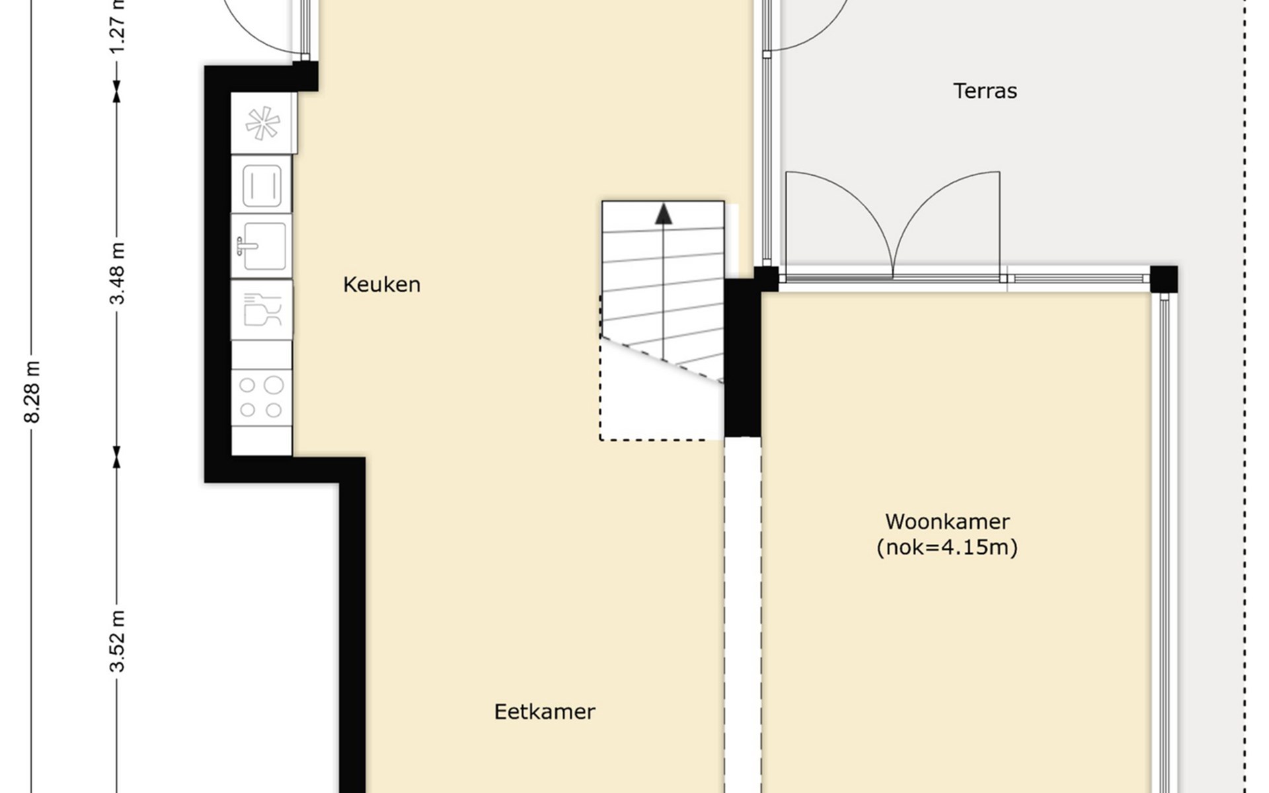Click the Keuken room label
pyautogui.click(x=381, y=285)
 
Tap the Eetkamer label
pyautogui.click(x=545, y=712)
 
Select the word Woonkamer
pyautogui.click(x=947, y=521)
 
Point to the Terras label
pyautogui.click(x=985, y=91)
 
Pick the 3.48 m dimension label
pyautogui.click(x=117, y=273)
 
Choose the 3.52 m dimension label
pyautogui.click(x=117, y=641)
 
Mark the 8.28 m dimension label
pyautogui.click(x=32, y=392)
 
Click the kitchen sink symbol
pyautogui.click(x=262, y=246)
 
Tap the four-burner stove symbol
pyautogui.click(x=261, y=397)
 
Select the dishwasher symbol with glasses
pyautogui.click(x=262, y=310)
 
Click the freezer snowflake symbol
pyautogui.click(x=263, y=123)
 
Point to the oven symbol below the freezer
pyautogui.click(x=262, y=184)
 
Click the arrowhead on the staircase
pyautogui.click(x=664, y=213)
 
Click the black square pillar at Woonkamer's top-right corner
pyautogui.click(x=1163, y=279)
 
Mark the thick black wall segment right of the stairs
pyautogui.click(x=742, y=358)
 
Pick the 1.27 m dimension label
pyautogui.click(x=117, y=26)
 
